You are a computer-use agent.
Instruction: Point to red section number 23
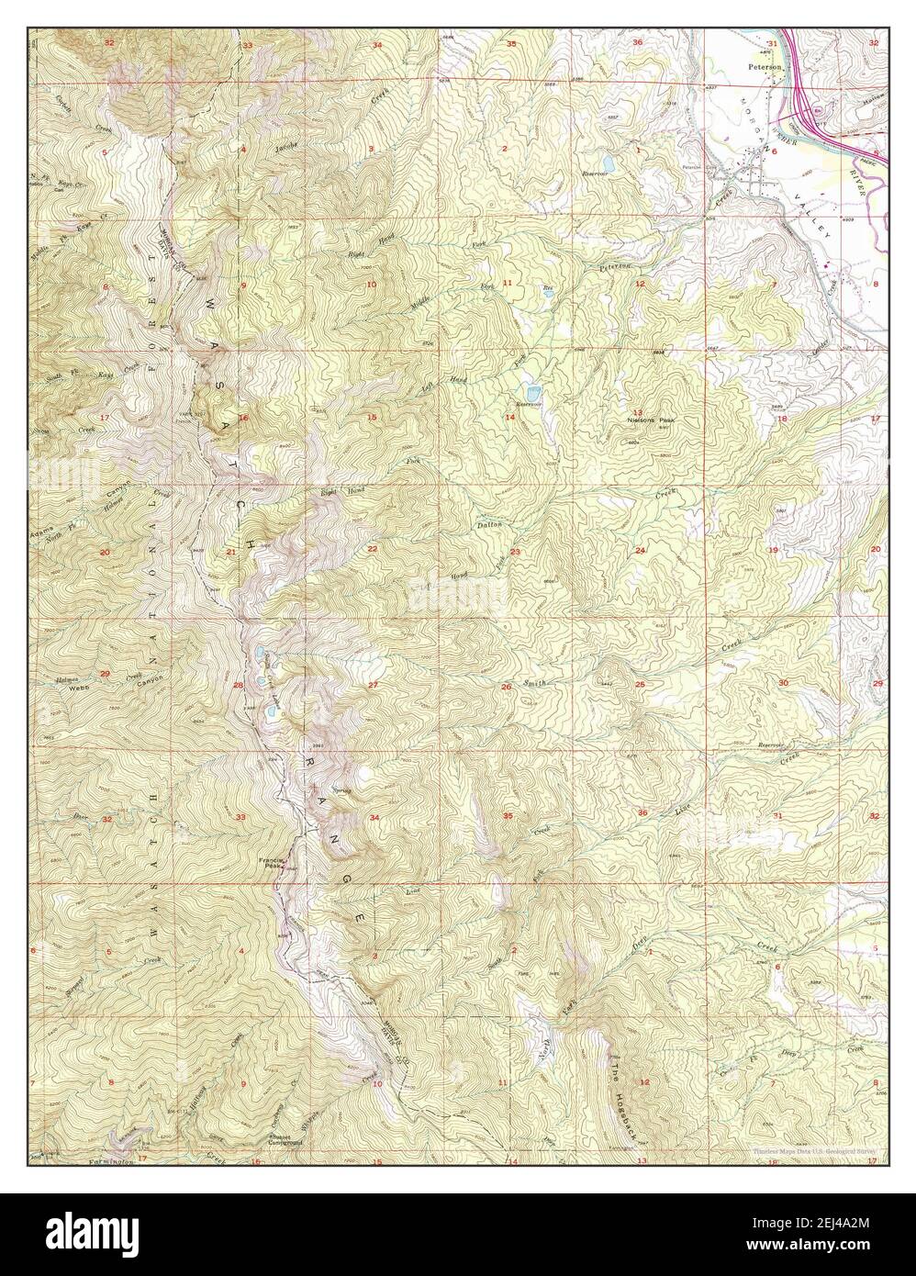(x=516, y=551)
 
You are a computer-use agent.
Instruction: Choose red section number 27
(x=374, y=685)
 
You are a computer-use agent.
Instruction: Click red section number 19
(x=773, y=549)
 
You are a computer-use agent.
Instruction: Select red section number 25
(x=640, y=685)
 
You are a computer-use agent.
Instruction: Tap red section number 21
(x=230, y=552)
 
